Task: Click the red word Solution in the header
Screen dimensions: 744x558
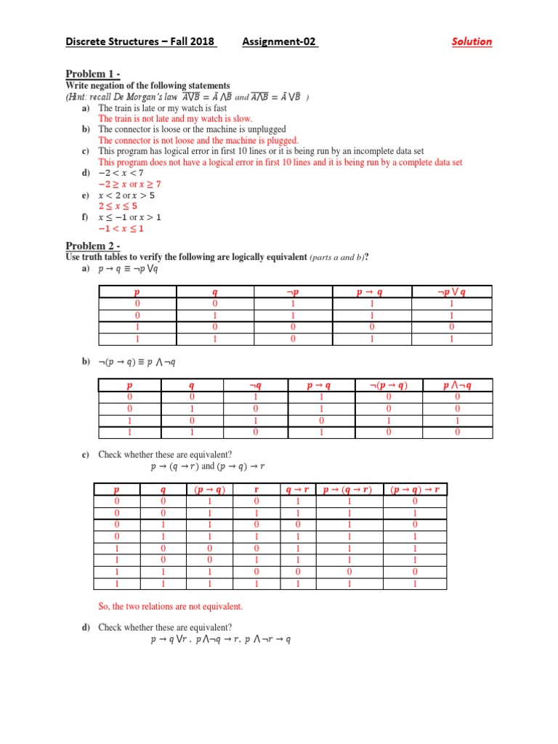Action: pyautogui.click(x=472, y=41)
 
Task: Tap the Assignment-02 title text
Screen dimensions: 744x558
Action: pyautogui.click(x=280, y=41)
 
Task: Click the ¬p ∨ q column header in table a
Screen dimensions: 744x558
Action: pyautogui.click(x=450, y=292)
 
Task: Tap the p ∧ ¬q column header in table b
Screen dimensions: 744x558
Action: pyautogui.click(x=457, y=386)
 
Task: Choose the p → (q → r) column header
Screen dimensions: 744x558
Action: pyautogui.click(x=348, y=490)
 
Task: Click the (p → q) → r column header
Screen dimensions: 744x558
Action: pyautogui.click(x=415, y=490)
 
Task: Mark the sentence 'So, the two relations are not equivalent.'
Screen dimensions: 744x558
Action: pyautogui.click(x=171, y=606)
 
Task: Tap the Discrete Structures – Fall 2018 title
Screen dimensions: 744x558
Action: pyautogui.click(x=140, y=41)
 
